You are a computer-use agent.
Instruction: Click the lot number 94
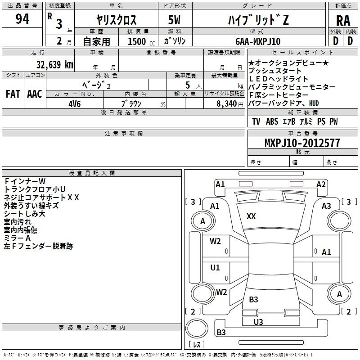pos(22,19)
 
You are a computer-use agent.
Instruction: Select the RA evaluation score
pos(343,21)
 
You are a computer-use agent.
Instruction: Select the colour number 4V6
pos(75,103)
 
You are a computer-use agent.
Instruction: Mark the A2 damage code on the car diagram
pos(320,184)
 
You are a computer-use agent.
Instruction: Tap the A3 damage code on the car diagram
pos(326,206)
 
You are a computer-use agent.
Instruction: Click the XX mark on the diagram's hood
pos(251,216)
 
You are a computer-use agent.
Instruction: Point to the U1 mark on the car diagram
pos(215,267)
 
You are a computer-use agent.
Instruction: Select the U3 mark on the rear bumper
pos(258,322)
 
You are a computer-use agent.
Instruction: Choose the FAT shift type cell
pos(13,94)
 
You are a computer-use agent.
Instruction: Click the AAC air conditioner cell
pos(34,94)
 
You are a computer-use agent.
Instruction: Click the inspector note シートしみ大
pos(24,214)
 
